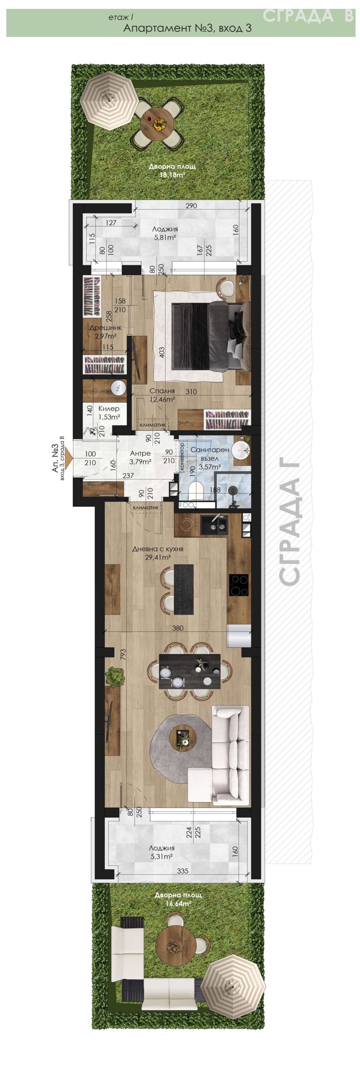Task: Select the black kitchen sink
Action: (x=214, y=525)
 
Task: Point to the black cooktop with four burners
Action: (x=239, y=585)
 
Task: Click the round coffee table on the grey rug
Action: (x=183, y=737)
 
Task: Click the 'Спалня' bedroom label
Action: (x=162, y=391)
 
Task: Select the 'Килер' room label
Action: (x=109, y=408)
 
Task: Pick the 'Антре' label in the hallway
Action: (x=140, y=453)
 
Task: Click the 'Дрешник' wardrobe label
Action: (x=105, y=327)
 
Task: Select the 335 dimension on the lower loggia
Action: (x=183, y=871)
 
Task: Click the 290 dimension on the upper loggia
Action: (x=191, y=206)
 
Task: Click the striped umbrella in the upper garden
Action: (x=110, y=101)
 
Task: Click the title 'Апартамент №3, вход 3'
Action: (x=187, y=28)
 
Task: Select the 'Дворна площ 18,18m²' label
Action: (x=172, y=171)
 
